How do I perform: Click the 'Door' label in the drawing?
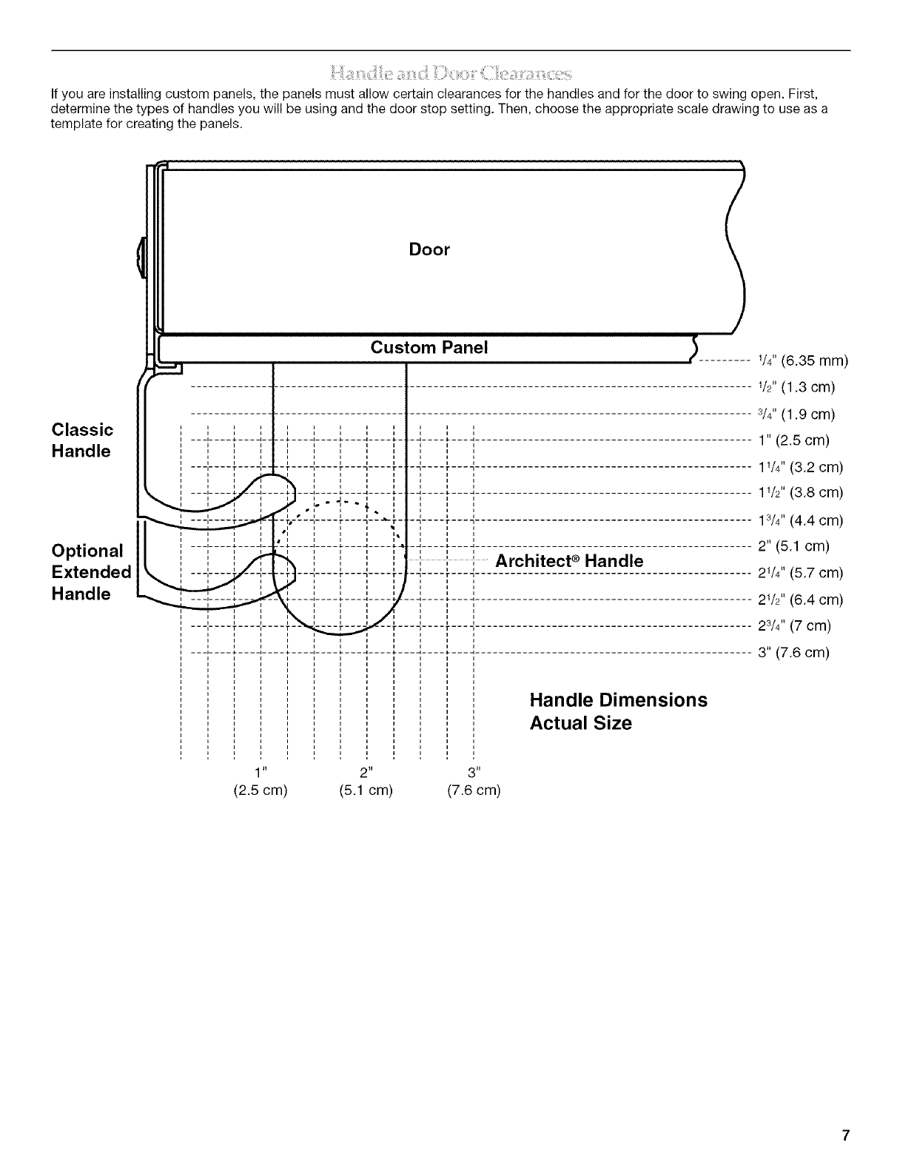429,249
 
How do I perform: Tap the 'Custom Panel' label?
429,348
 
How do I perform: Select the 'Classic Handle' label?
82,440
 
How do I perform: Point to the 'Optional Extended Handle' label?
90,571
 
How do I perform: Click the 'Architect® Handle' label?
569,561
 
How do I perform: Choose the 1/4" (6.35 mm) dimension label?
802,361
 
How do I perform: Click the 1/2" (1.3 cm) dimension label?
796,387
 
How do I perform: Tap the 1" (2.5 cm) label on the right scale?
793,440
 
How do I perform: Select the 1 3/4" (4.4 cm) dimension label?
801,520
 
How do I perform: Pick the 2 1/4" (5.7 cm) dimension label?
801,573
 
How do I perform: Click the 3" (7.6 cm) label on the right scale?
793,653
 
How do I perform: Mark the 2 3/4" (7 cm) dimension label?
795,626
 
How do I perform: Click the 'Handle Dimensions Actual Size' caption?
618,711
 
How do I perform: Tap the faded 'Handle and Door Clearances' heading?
451,73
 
